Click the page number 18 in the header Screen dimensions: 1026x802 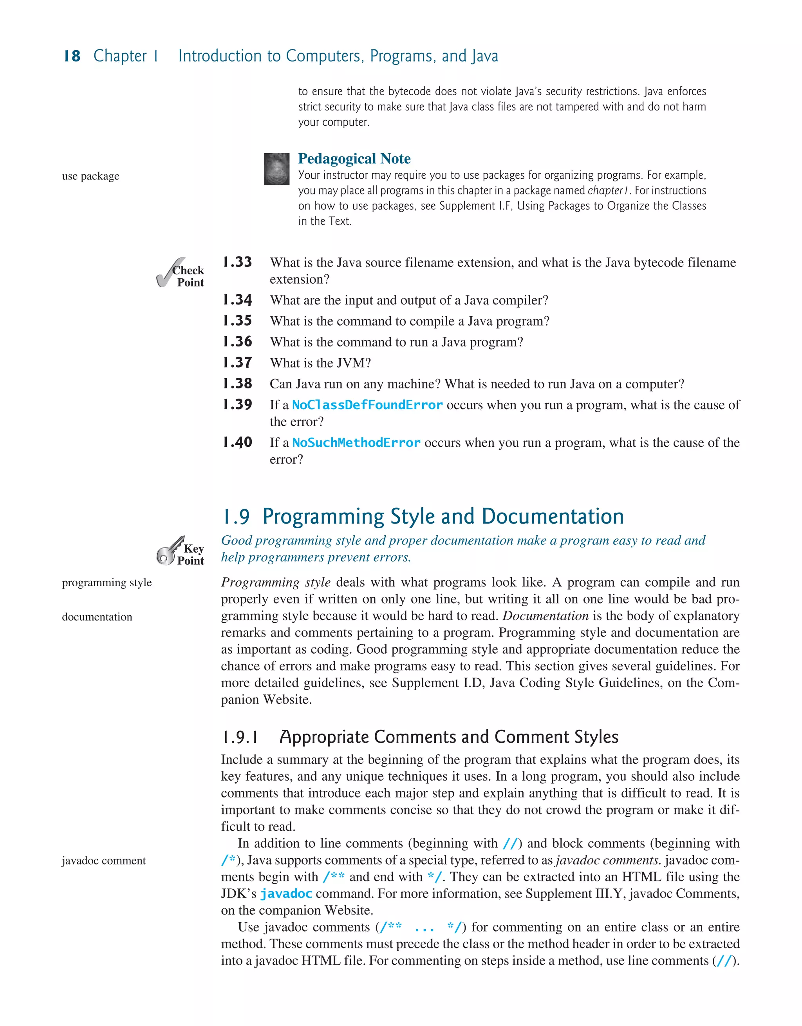click(72, 56)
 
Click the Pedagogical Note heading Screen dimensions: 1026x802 click(354, 159)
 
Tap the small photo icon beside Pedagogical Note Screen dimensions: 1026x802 click(276, 169)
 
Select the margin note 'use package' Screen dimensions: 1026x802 click(90, 176)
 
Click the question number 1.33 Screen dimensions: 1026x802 click(237, 262)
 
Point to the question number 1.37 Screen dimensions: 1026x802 click(237, 363)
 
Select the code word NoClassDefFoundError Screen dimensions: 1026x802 click(367, 405)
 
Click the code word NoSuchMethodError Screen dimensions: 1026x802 click(356, 442)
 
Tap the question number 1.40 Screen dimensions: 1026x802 click(237, 442)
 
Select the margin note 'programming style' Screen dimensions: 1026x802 click(107, 582)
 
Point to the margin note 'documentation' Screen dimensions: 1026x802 click(97, 617)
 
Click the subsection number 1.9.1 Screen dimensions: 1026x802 click(240, 737)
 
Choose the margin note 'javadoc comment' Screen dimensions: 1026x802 click(104, 861)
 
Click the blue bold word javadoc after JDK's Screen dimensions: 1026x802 click(286, 894)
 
